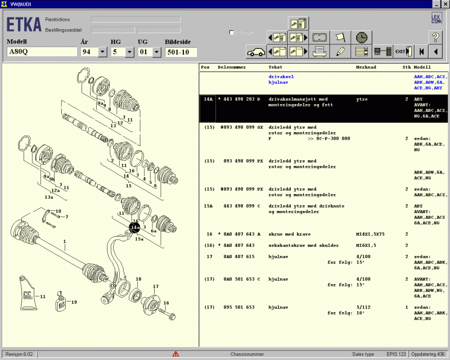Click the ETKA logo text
(x=24, y=25)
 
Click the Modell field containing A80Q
(x=42, y=52)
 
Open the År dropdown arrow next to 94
(x=102, y=52)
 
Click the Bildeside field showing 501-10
(x=181, y=52)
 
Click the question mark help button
(x=435, y=37)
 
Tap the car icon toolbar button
(x=256, y=52)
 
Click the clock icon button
(x=362, y=37)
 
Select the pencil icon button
(x=340, y=52)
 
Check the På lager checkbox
(x=232, y=33)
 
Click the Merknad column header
(x=366, y=67)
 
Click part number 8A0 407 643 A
(x=241, y=234)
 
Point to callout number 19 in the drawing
(x=73, y=302)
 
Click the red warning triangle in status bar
(x=175, y=354)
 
